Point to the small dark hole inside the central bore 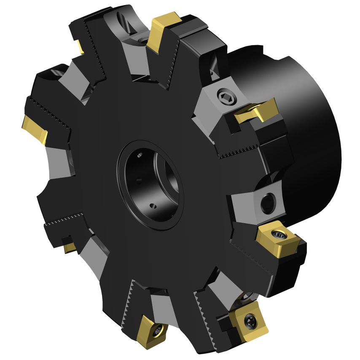(x=153, y=206)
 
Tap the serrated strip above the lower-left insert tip (x=65, y=221)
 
